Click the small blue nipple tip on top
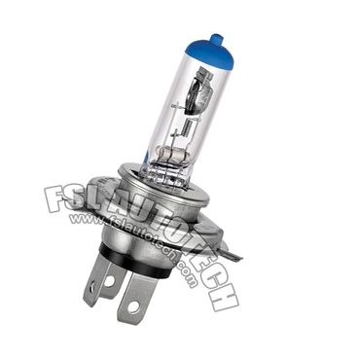(x=217, y=41)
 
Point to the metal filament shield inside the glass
(x=198, y=90)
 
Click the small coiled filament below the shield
(x=188, y=126)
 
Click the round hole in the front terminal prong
(x=133, y=306)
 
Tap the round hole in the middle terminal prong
(x=109, y=281)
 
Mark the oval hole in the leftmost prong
(x=92, y=286)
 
